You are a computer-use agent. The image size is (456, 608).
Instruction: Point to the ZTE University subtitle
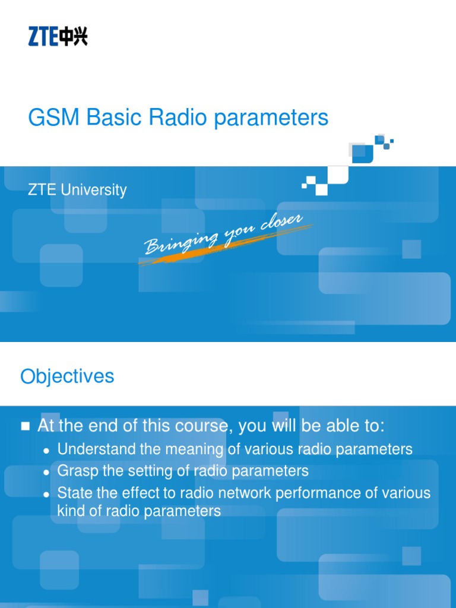77,191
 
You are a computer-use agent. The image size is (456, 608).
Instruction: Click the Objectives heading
67,376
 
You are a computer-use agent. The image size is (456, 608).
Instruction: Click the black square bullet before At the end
25,426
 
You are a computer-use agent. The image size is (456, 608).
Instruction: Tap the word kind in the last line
70,511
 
